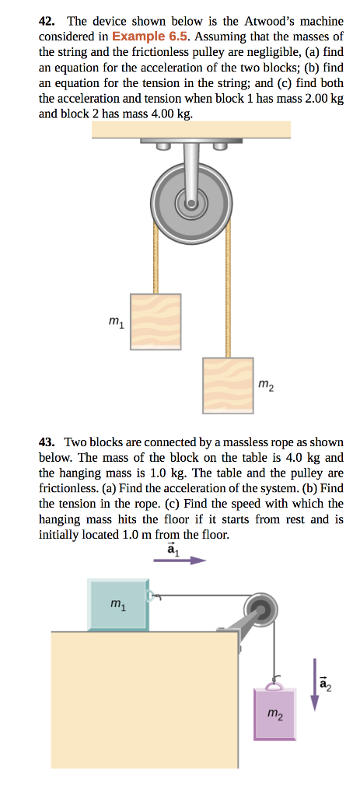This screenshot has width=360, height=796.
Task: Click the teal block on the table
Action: pos(119,604)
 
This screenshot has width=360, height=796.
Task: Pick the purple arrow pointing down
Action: pos(316,683)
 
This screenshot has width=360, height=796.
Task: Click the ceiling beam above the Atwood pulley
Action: pos(190,130)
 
